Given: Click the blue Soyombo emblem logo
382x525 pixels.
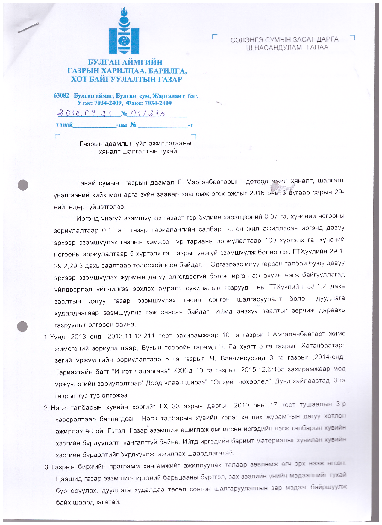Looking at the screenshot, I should click(124, 31).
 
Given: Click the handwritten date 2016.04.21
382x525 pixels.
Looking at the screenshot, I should click(85, 113).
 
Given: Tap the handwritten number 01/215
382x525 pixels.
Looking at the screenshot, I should click(146, 114).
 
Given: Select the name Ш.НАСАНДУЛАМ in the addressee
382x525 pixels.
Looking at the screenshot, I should click(274, 48).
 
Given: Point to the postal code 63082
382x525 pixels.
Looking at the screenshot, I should click(61, 95).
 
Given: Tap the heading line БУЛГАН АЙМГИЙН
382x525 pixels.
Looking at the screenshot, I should click(125, 62).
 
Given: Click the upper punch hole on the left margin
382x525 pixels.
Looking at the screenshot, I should click(23, 185).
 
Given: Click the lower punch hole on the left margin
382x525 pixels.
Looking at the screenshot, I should click(23, 326).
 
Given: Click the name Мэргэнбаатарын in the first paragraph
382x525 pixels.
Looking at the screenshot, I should click(213, 182).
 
